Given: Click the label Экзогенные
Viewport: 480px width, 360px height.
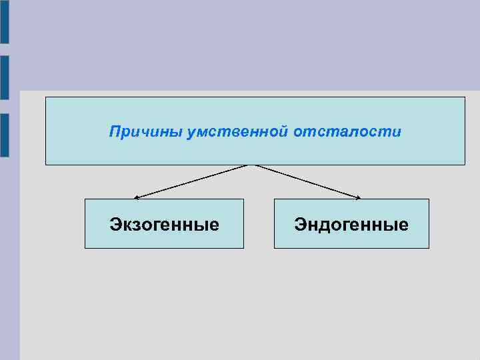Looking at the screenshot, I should [164, 225].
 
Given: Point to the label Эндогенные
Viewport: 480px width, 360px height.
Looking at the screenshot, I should [351, 225].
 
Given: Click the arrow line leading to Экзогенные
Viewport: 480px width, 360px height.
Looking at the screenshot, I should [191, 181].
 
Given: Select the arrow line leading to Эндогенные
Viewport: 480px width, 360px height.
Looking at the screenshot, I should [307, 181].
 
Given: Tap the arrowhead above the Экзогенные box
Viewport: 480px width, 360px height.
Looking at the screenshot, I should [136, 197].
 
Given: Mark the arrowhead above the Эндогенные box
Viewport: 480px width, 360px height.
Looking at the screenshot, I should [359, 197].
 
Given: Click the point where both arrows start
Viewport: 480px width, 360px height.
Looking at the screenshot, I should [251, 165].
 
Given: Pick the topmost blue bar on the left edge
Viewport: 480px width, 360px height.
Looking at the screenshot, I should [4, 22].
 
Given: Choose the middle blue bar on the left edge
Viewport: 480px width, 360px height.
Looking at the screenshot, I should [4, 77].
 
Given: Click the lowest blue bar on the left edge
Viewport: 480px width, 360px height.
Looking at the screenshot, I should [4, 135].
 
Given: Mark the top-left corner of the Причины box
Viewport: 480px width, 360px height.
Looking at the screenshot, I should [45, 97].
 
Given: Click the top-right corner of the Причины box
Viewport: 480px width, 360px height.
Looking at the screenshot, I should [465, 97].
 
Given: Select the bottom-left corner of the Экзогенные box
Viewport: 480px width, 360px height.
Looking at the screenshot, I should [85, 248].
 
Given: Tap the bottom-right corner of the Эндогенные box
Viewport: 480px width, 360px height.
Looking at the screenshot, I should [429, 248].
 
